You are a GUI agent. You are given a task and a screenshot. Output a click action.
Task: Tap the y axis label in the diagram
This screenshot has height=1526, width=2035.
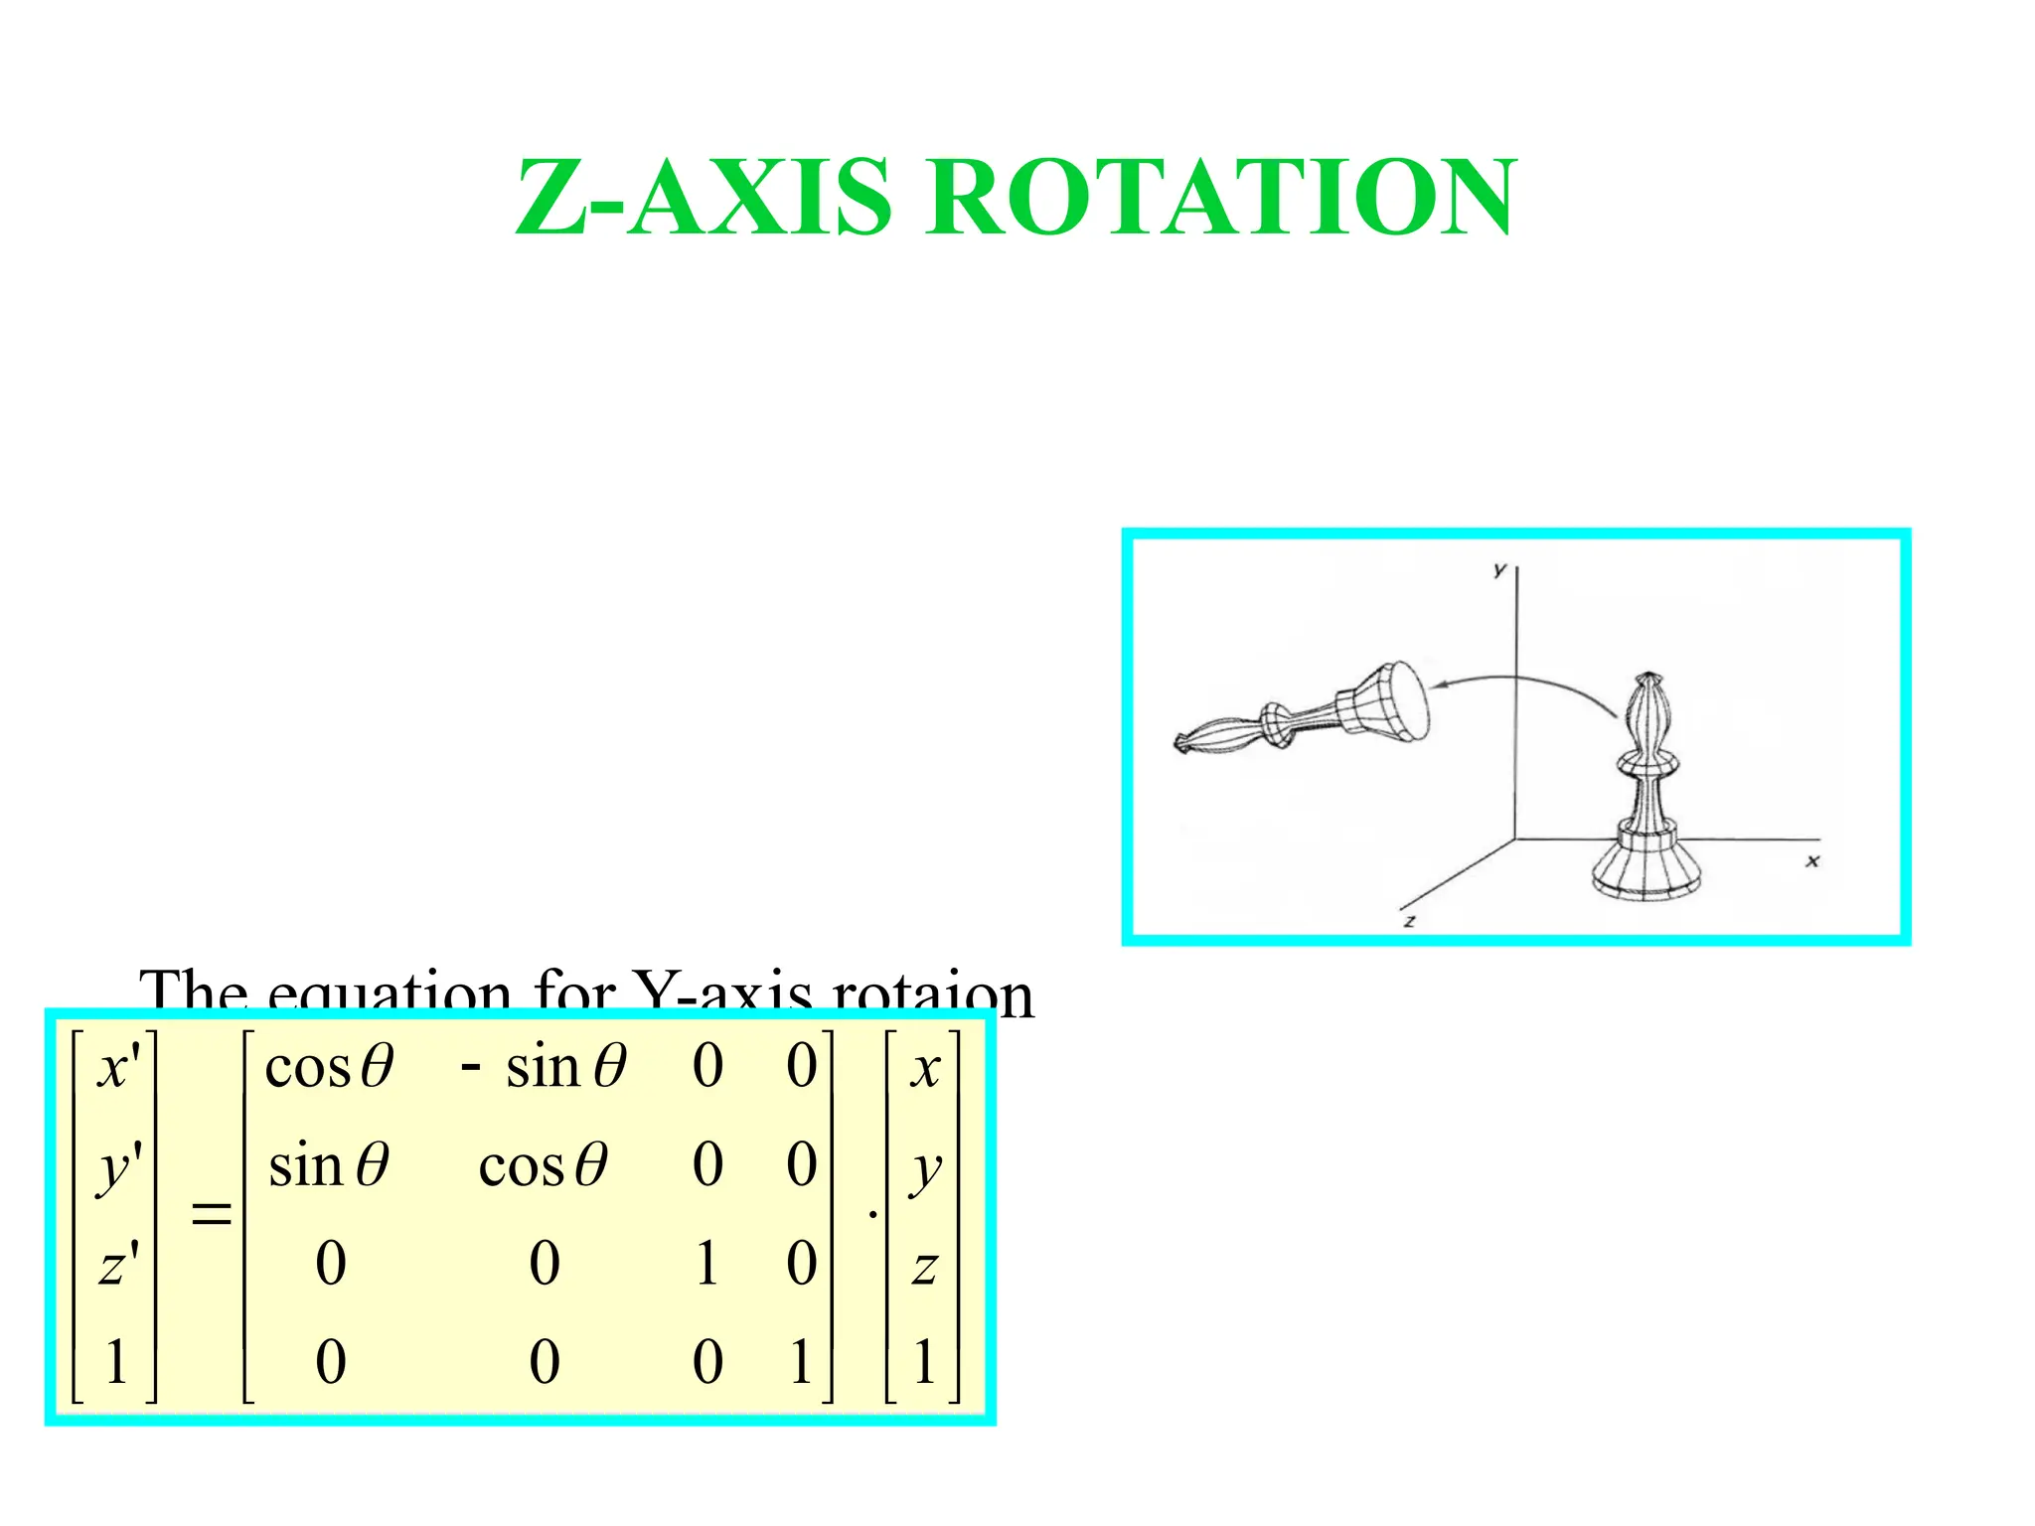point(1499,570)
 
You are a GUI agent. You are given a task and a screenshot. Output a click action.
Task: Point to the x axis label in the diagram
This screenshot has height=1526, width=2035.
point(1812,861)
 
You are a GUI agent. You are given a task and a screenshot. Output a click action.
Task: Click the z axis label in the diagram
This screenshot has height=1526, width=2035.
point(1409,921)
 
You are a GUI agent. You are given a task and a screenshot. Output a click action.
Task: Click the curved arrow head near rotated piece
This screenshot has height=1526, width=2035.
point(1439,685)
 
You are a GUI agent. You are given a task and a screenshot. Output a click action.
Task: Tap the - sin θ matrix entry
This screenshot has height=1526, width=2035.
point(544,1068)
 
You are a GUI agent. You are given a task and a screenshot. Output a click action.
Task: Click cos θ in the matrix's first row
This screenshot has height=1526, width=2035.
point(329,1068)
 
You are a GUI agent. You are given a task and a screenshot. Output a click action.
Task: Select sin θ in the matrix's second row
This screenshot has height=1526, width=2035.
point(329,1165)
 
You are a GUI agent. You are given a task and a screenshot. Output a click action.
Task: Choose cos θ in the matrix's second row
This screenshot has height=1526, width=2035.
point(543,1165)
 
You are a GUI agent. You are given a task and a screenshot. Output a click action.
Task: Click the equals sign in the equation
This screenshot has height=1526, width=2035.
point(211,1213)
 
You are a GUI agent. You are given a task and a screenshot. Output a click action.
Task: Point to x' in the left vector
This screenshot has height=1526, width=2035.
point(118,1068)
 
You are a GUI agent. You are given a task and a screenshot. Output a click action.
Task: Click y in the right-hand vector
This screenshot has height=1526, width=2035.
point(925,1169)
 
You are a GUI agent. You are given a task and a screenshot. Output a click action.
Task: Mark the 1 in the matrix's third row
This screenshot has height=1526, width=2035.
point(706,1264)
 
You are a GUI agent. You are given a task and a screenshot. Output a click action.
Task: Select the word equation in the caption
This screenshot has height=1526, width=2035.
point(390,992)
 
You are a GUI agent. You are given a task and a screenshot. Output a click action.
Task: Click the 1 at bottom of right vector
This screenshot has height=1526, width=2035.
point(924,1361)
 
